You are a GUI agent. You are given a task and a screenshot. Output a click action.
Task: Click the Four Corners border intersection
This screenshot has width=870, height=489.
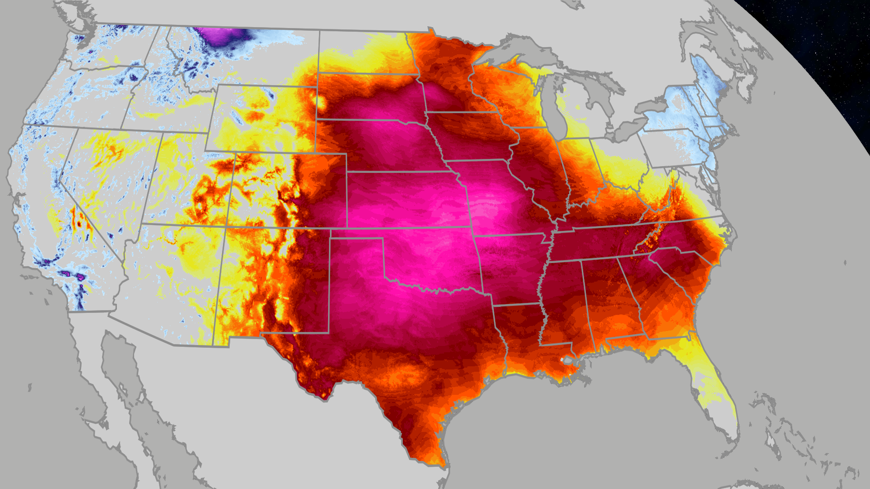[226, 226]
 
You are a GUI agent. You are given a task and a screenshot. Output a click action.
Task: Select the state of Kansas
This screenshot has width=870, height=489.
[408, 199]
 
